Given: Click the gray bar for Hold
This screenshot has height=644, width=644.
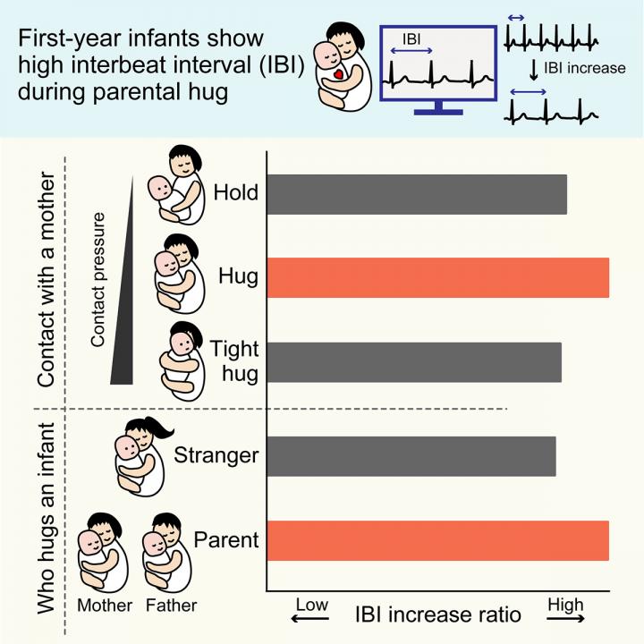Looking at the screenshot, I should pyautogui.click(x=417, y=194).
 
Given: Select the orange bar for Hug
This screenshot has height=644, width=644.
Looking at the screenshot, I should pyautogui.click(x=438, y=276).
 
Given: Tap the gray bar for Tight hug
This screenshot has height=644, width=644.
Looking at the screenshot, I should pyautogui.click(x=414, y=362).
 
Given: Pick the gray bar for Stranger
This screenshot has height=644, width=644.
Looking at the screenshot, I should pyautogui.click(x=411, y=456).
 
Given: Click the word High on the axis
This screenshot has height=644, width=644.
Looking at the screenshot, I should pyautogui.click(x=566, y=606).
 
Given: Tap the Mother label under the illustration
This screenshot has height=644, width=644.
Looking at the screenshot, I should pyautogui.click(x=105, y=606).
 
